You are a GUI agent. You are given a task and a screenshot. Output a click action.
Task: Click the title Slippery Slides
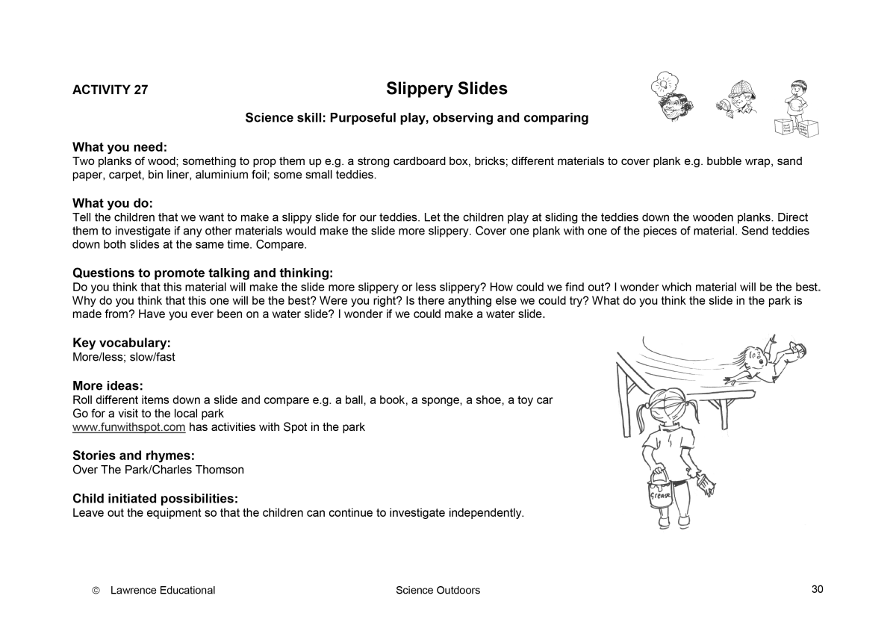click(x=447, y=89)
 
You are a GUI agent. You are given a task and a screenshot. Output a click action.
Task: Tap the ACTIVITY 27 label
click(x=110, y=90)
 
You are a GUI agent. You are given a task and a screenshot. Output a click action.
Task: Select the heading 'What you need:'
click(x=119, y=147)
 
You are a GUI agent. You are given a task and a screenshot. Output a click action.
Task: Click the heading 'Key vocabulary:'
click(x=122, y=343)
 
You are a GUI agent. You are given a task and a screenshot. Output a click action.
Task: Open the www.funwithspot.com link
click(x=128, y=427)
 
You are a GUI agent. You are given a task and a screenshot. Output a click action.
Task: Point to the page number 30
click(x=817, y=589)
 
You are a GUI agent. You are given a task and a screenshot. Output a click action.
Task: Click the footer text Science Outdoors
click(x=438, y=590)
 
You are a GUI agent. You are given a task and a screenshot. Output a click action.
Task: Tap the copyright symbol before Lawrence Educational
click(x=96, y=591)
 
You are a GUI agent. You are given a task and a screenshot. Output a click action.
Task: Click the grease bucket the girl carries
click(x=660, y=491)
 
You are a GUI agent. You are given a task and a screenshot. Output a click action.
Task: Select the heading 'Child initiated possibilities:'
click(x=155, y=498)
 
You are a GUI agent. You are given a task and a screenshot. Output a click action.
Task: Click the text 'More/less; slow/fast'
click(x=124, y=357)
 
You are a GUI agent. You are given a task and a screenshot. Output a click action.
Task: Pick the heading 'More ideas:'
click(x=108, y=385)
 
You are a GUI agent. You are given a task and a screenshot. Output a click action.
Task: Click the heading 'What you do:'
click(x=112, y=203)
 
